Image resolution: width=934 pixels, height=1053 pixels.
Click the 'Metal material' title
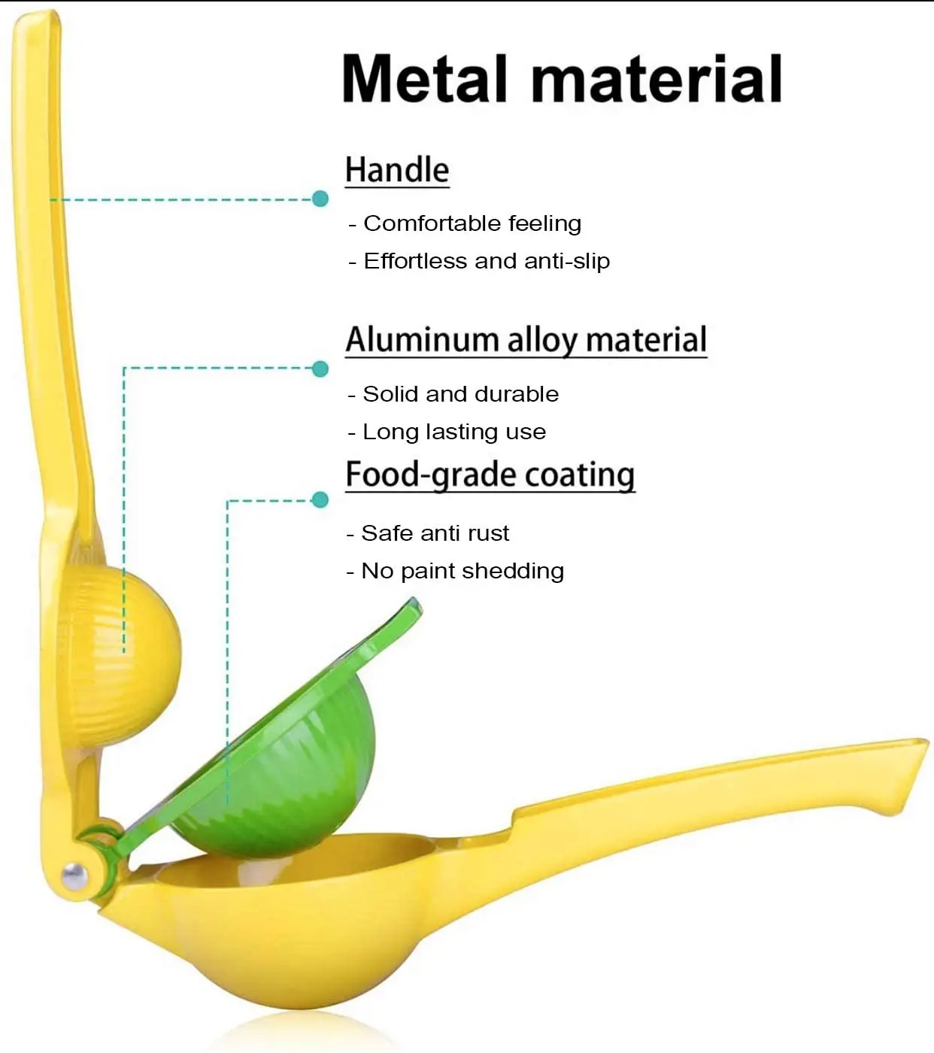click(562, 79)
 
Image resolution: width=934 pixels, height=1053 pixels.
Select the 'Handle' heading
click(397, 170)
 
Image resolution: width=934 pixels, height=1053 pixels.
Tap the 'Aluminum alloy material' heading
click(526, 340)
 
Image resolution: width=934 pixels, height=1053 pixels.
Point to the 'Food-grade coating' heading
click(490, 475)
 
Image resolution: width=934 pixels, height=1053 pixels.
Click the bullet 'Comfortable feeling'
click(472, 223)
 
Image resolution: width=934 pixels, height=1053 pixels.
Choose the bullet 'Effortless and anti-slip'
click(486, 261)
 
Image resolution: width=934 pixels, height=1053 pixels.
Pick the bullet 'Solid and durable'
click(460, 394)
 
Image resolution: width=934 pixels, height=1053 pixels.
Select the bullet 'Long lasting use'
click(453, 432)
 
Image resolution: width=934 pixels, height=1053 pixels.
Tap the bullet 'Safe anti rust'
click(435, 533)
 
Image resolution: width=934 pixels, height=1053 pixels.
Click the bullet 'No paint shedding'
click(462, 571)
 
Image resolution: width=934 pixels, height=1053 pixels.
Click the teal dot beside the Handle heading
click(320, 199)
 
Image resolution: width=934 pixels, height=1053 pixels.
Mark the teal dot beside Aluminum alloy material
click(320, 369)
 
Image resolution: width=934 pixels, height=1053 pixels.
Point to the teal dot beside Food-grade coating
click(320, 500)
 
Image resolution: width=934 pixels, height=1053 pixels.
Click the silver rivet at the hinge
click(74, 875)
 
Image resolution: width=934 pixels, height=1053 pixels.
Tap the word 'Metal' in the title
click(425, 79)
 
